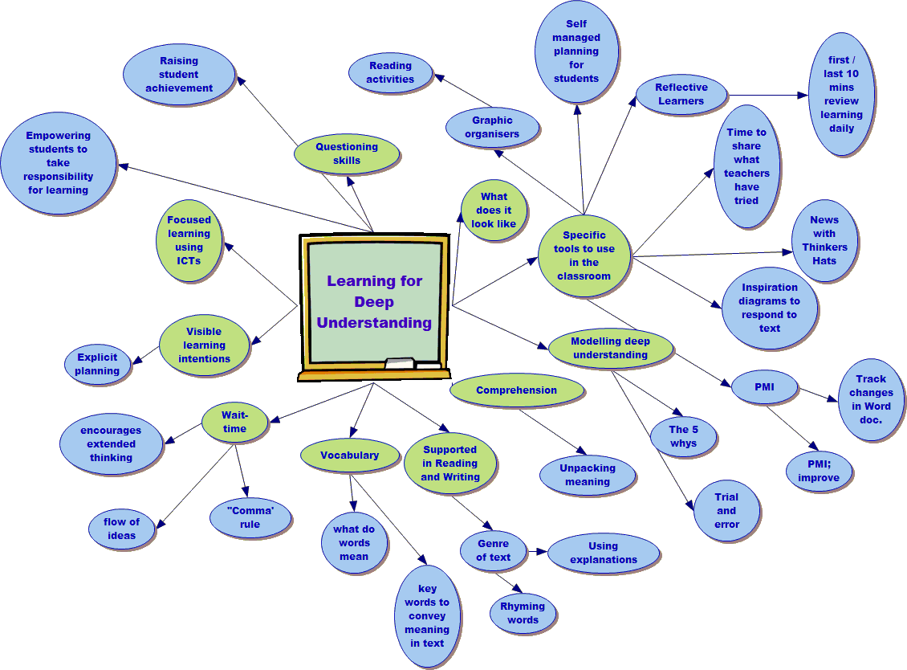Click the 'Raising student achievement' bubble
click(179, 75)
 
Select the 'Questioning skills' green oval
click(347, 153)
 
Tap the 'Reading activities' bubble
click(391, 73)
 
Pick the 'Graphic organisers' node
click(492, 128)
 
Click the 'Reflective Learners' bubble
click(681, 95)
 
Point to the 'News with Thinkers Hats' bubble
click(824, 240)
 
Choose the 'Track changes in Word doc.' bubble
click(871, 399)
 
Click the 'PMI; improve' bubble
click(819, 471)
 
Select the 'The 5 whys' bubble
click(684, 436)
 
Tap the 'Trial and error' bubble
click(726, 511)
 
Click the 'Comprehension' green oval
click(516, 390)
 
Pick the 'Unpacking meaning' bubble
click(588, 475)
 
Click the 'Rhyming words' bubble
click(523, 613)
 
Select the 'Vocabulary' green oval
click(349, 456)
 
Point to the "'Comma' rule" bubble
click(250, 517)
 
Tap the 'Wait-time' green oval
click(234, 423)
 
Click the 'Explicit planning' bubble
click(97, 365)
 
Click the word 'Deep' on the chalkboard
click(374, 302)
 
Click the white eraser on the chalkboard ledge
click(400, 364)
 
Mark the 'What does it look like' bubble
click(494, 210)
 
